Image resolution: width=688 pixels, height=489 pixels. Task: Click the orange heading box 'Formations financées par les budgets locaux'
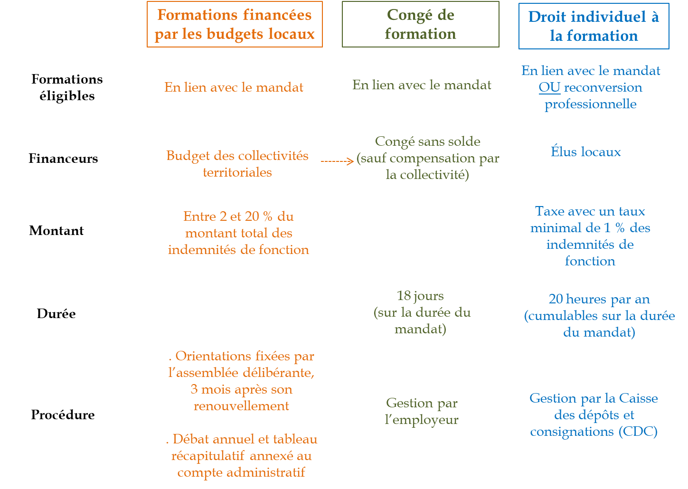[x=235, y=24]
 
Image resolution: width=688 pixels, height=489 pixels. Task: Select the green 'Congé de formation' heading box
[x=420, y=24]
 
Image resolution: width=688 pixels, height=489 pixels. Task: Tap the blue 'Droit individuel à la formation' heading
[x=594, y=26]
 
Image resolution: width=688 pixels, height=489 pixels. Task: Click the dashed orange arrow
[x=338, y=161]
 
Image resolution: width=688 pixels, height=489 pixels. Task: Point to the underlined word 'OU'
[x=549, y=87]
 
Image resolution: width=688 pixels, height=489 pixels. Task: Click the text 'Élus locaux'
[x=585, y=152]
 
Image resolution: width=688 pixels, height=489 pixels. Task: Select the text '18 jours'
[x=420, y=296]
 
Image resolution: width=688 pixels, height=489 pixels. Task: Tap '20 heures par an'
[x=599, y=299]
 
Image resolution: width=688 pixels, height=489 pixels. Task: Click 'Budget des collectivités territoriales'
[x=237, y=164]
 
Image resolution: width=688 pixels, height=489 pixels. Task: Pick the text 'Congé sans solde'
[x=427, y=141]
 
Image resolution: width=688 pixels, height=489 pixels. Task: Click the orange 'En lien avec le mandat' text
[x=234, y=87]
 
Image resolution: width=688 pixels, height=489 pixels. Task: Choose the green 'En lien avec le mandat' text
[x=422, y=85]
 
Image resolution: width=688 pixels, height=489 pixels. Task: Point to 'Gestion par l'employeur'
[x=422, y=411]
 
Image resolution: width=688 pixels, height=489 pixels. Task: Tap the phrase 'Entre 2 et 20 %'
[x=227, y=216]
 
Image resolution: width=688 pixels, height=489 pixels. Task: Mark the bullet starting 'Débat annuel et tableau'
[x=242, y=439]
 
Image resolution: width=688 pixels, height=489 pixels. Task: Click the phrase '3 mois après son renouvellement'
[x=241, y=398]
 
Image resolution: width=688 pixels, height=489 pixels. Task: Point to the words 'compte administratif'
[x=241, y=472]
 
